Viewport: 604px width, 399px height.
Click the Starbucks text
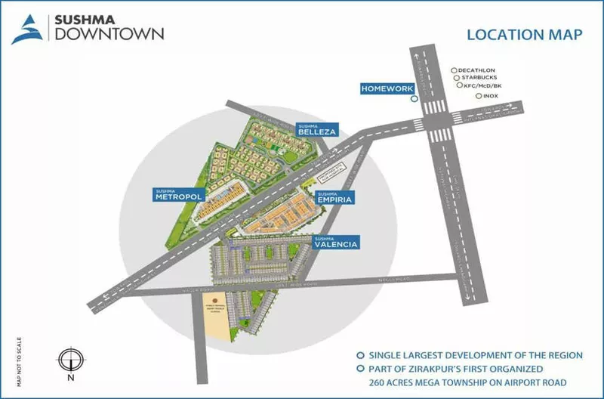(x=479, y=77)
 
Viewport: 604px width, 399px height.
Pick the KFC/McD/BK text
(x=484, y=86)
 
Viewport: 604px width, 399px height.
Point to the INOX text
(x=492, y=97)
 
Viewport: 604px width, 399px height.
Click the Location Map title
(x=515, y=34)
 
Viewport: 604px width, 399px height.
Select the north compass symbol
(x=69, y=358)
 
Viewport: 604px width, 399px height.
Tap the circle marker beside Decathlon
(x=453, y=68)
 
